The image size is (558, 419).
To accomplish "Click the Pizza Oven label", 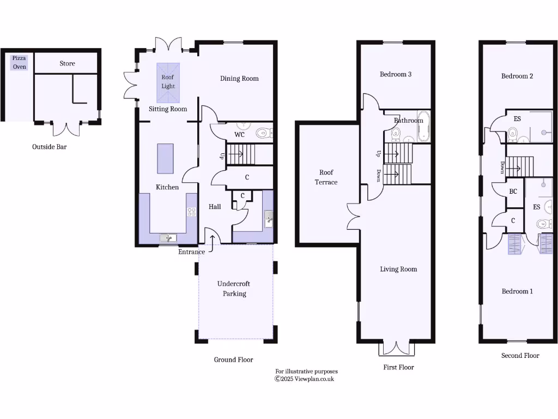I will (x=20, y=62).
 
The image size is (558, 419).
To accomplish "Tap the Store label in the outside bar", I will (x=67, y=64).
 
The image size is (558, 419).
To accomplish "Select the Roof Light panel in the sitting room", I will (x=168, y=82).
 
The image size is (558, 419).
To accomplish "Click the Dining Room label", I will (x=239, y=79).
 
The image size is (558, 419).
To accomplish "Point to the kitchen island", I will (x=165, y=158).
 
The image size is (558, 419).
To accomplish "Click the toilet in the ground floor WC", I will (x=264, y=132).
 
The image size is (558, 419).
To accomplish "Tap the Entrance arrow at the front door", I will (x=211, y=239).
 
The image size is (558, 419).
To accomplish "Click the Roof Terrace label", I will (x=326, y=177).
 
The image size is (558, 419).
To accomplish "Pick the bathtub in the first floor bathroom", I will (x=423, y=127).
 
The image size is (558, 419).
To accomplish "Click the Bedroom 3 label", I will (x=396, y=74).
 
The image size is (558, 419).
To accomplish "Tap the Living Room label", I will (x=398, y=269).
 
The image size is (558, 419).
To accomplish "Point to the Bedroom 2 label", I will (x=517, y=76).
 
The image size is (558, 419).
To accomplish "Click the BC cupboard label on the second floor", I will (x=513, y=192).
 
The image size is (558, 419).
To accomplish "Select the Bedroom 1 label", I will (x=517, y=291).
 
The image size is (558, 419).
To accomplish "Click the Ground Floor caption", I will (x=233, y=360).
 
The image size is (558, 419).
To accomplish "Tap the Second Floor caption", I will (x=520, y=356).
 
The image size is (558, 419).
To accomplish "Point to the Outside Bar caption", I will (x=49, y=147).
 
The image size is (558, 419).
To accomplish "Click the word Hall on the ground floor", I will (x=215, y=207).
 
